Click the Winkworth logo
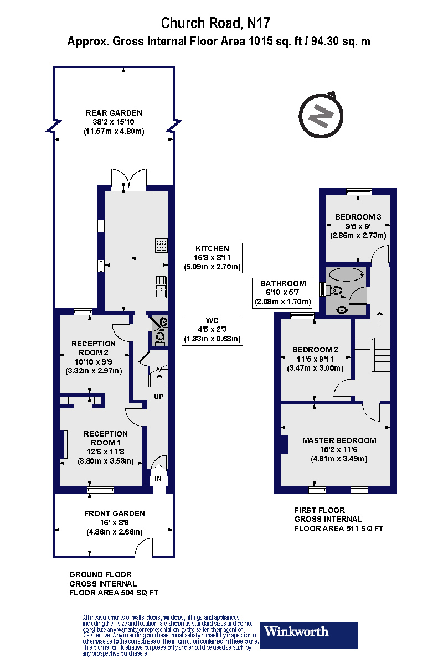coord(309,635)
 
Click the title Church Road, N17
coord(216,23)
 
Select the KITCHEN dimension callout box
coord(212,258)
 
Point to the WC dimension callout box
coord(213,330)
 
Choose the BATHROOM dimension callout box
coord(283,293)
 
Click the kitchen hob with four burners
coord(161,245)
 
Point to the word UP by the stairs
coord(158,397)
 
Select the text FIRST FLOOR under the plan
coord(320,510)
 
